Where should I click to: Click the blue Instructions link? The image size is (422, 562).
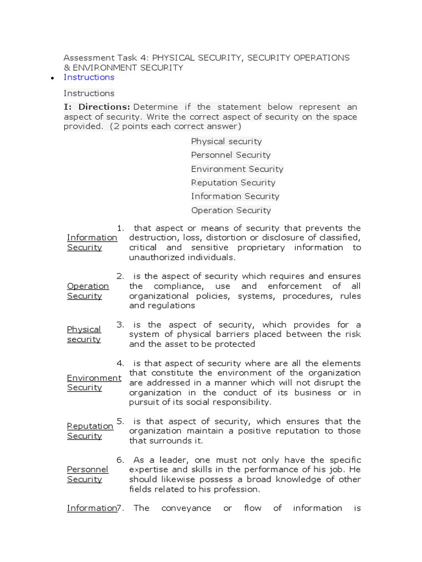click(88, 77)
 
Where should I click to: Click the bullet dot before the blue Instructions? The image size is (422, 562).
click(52, 78)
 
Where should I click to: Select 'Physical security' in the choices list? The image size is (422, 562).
click(226, 142)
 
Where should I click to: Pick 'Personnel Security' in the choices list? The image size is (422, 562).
click(231, 155)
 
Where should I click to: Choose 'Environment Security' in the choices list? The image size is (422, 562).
click(237, 169)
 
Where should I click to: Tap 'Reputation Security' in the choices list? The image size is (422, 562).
click(233, 183)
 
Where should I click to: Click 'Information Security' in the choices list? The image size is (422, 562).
click(235, 196)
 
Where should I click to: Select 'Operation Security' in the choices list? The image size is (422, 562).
click(231, 210)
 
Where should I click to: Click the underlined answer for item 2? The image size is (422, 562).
click(87, 291)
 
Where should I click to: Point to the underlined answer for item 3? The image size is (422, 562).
click(84, 334)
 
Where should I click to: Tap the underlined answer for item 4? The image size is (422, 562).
click(93, 383)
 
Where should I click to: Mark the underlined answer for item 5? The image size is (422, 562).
click(90, 431)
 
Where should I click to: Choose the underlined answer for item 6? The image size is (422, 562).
click(87, 474)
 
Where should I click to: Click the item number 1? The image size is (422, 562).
click(120, 228)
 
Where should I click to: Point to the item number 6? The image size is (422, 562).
click(120, 460)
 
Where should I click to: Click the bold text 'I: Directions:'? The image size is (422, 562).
click(97, 107)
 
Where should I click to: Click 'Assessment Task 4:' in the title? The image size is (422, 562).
click(106, 58)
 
